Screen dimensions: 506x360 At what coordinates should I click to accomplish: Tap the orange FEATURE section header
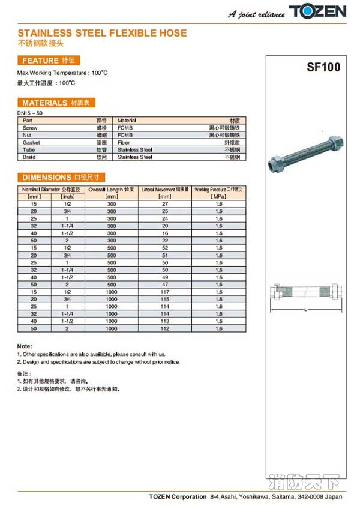(x=48, y=61)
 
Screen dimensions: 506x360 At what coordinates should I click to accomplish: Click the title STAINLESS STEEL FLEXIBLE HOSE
(x=102, y=33)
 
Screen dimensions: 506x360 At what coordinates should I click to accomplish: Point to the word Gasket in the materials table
(x=31, y=143)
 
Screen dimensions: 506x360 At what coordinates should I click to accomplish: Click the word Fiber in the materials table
(x=124, y=143)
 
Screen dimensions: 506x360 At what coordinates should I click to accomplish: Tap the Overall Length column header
(x=111, y=190)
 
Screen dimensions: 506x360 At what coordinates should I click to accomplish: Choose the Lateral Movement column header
(x=165, y=190)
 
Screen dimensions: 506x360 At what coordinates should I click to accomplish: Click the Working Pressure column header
(x=218, y=190)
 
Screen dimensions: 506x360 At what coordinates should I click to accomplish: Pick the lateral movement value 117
(x=164, y=292)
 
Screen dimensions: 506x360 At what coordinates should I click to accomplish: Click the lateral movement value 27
(x=164, y=204)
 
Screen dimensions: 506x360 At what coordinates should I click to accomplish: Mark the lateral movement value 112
(x=164, y=328)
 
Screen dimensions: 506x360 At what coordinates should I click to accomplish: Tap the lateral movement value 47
(x=164, y=285)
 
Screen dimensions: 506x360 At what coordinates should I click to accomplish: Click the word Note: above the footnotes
(x=25, y=346)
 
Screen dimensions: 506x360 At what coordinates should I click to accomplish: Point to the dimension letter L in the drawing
(x=305, y=309)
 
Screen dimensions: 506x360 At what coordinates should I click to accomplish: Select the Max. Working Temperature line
(x=62, y=73)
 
